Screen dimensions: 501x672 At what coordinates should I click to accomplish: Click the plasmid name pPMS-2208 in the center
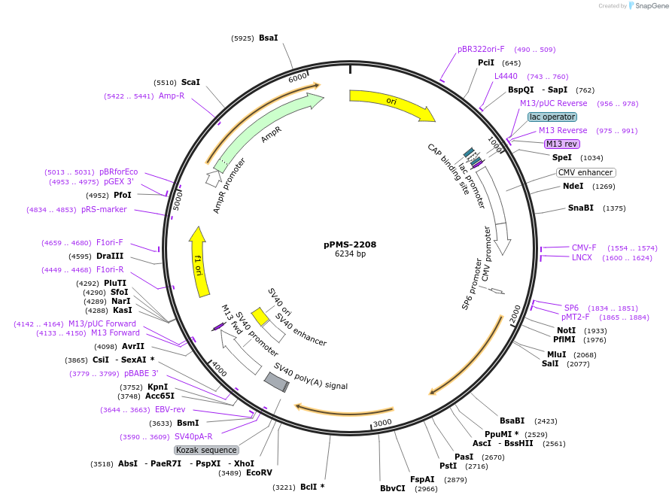click(350, 244)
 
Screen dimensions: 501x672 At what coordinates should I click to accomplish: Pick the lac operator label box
click(552, 117)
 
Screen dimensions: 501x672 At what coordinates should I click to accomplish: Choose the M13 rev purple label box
click(562, 144)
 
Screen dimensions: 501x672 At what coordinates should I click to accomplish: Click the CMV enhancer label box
click(585, 172)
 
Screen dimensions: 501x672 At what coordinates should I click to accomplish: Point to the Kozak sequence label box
click(206, 450)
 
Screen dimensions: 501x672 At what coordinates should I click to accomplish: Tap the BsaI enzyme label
click(268, 38)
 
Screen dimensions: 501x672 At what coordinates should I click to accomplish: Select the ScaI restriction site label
click(190, 82)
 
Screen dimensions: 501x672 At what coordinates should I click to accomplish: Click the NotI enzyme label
click(566, 330)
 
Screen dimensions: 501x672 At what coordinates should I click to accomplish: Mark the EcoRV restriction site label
click(259, 473)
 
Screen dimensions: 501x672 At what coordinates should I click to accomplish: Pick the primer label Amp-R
click(172, 96)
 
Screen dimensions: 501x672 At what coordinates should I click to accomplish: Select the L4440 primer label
click(506, 76)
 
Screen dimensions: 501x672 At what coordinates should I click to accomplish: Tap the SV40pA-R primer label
click(193, 436)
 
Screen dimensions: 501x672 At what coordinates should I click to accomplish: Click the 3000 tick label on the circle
click(383, 423)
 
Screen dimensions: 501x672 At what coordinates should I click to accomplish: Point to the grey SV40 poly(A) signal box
click(276, 382)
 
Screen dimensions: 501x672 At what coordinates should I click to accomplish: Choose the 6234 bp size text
click(350, 254)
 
